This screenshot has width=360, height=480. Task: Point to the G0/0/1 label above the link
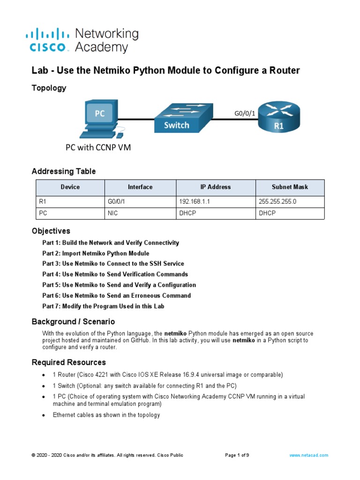point(244,113)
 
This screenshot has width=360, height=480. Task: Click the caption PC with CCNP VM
point(97,148)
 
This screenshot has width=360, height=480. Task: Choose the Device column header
point(70,187)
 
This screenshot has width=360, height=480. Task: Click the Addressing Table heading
point(63,172)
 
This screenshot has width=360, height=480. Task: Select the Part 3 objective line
point(113,263)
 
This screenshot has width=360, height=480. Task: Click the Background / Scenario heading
point(73,322)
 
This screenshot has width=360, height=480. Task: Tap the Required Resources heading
point(68,362)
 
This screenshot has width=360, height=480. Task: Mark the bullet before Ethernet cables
point(44,415)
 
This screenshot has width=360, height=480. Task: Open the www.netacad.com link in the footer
point(308,455)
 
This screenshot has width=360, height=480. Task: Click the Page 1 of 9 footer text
point(237,455)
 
